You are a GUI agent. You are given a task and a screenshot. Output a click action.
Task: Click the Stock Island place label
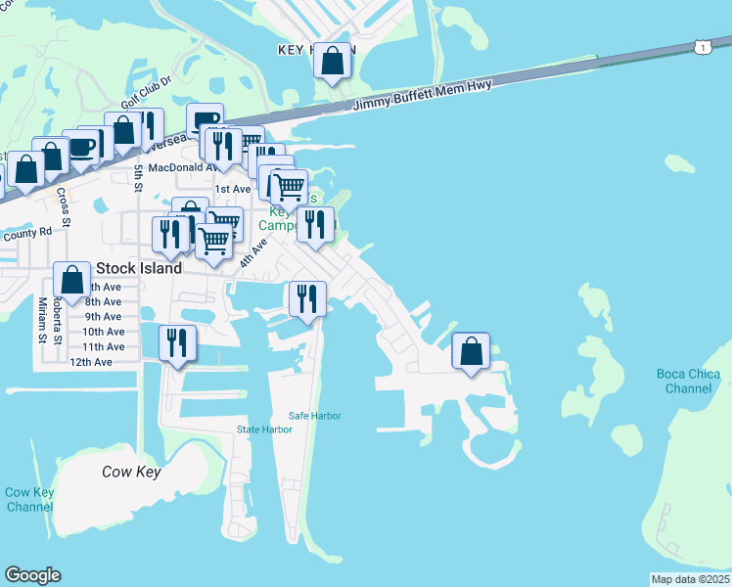point(139,268)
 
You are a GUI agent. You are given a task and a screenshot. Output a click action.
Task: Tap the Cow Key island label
point(131,472)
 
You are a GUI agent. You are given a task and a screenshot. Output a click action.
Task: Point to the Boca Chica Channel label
point(688,382)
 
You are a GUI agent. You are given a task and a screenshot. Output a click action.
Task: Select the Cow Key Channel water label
point(29,499)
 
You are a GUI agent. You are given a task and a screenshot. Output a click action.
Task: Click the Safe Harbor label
point(315,416)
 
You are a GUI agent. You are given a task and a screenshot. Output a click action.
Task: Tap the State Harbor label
point(265,429)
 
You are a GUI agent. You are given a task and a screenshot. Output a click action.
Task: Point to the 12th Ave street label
point(91,362)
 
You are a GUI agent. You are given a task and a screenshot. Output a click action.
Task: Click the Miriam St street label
point(43,323)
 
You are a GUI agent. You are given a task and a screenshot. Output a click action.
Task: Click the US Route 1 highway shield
point(703,46)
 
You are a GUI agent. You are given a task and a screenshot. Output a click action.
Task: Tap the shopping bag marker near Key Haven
point(333,62)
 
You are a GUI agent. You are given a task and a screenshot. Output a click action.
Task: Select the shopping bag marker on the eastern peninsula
point(471,351)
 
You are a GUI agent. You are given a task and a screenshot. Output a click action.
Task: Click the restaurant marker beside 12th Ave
point(177,343)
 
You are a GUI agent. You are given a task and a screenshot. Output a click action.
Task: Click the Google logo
point(32,575)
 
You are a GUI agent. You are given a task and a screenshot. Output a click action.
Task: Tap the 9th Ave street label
point(103,316)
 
